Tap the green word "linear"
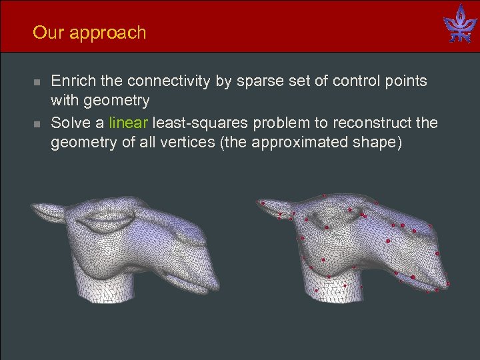tap(129, 123)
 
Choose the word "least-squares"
tap(195, 123)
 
